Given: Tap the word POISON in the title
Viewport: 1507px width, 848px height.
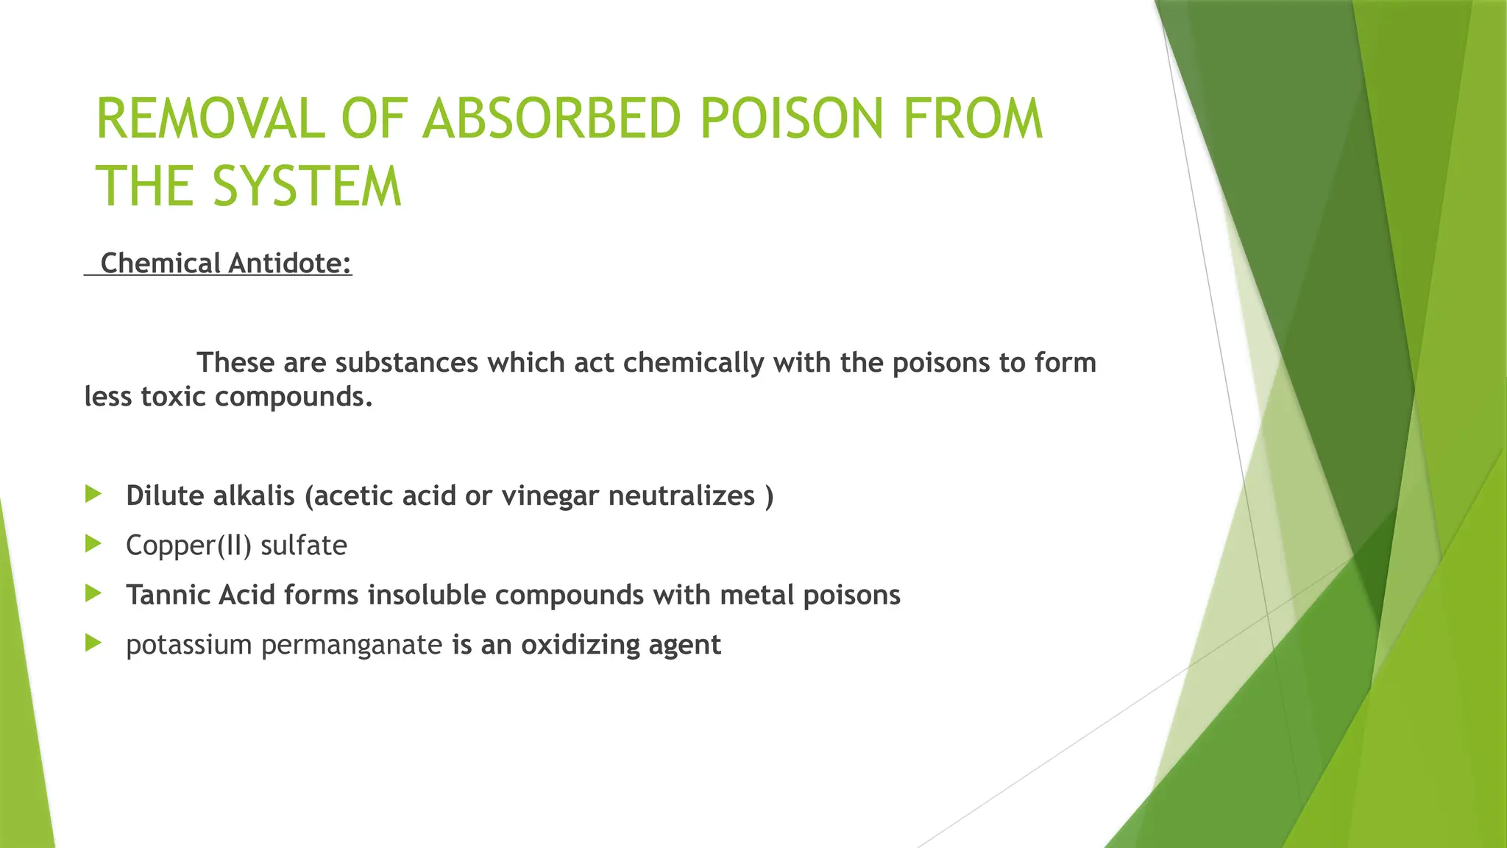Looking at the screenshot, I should pyautogui.click(x=791, y=119).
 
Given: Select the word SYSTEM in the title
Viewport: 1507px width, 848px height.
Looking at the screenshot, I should pyautogui.click(x=307, y=187).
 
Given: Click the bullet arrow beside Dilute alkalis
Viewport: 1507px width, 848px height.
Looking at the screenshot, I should pyautogui.click(x=93, y=494).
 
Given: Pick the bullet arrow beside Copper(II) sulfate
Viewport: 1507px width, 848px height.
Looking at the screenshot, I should pyautogui.click(x=93, y=544).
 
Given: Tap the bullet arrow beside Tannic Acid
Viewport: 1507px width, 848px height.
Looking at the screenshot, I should pyautogui.click(x=93, y=593).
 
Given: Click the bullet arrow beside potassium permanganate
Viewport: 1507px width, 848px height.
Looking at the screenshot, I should pyautogui.click(x=93, y=643).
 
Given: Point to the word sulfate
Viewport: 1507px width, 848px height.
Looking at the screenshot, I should pyautogui.click(x=304, y=546).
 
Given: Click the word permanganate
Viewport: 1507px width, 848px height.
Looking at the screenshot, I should pyautogui.click(x=352, y=646).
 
